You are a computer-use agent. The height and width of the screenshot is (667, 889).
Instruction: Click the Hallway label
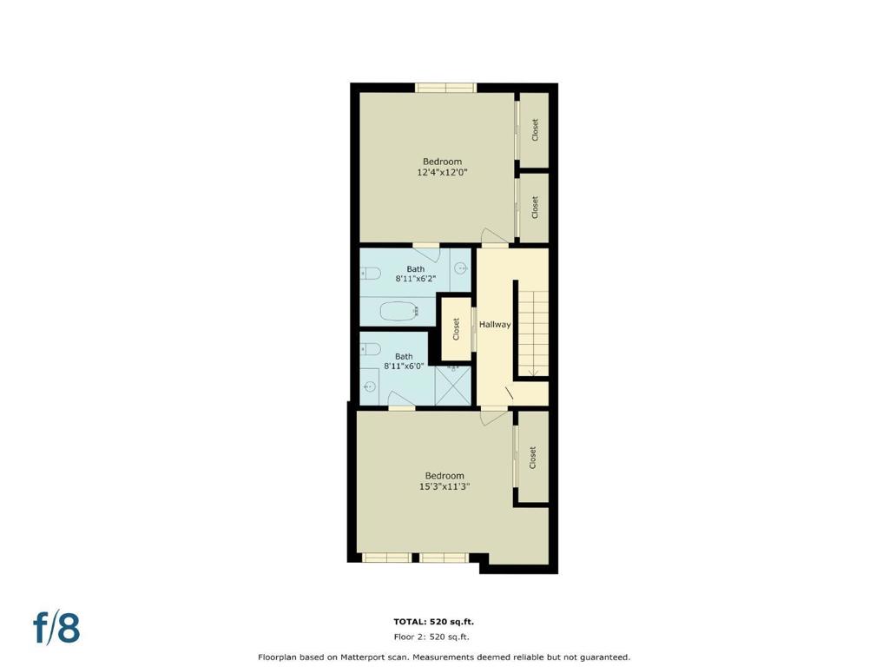coord(495,325)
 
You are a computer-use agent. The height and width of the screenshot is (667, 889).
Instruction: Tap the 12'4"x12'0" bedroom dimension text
coord(442,173)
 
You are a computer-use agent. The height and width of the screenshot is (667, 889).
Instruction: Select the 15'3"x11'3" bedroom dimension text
coord(444,486)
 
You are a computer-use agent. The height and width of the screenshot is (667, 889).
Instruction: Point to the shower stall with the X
coord(453,385)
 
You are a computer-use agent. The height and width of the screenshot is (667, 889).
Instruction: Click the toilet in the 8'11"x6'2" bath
coord(370,274)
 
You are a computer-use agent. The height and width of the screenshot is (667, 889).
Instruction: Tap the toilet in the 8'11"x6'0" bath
coord(370,349)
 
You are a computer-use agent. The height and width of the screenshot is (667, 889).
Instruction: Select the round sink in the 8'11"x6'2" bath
coord(462,267)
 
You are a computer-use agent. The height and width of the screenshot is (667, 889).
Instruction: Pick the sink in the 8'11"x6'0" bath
coord(370,386)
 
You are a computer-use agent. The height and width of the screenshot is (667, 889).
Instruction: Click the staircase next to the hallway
coord(533,333)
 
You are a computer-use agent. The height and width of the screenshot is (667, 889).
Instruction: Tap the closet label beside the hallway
coord(456,329)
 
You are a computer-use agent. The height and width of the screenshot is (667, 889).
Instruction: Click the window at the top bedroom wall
coord(445,88)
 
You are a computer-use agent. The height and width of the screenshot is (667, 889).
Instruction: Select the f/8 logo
coord(56,628)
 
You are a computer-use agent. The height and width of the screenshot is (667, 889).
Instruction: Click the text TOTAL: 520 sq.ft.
coord(434,622)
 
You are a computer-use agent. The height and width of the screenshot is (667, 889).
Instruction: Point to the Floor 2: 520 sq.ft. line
coord(431,637)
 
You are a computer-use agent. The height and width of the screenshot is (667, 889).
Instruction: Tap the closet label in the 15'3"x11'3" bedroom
coord(532,458)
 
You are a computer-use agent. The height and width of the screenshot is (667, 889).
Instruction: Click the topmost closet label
coord(535,130)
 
